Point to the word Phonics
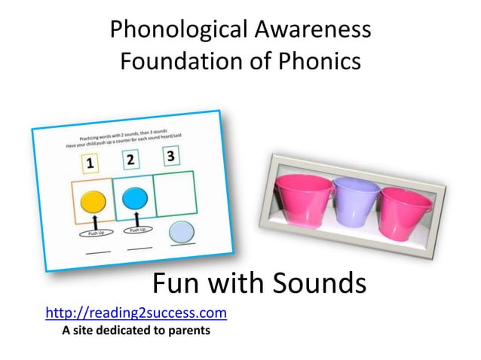[317, 62]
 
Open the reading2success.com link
[136, 312]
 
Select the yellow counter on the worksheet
[93, 201]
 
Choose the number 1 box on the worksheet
[88, 161]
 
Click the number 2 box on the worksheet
[130, 158]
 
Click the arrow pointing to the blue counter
[136, 216]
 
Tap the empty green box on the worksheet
[178, 196]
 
